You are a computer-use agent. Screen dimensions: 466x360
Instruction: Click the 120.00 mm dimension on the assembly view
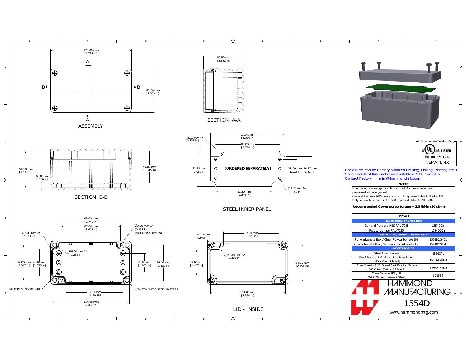pyautogui.click(x=91, y=50)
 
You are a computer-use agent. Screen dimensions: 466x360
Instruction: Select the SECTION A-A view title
pyautogui.click(x=224, y=120)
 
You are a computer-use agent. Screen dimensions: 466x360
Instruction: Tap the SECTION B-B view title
pyautogui.click(x=91, y=197)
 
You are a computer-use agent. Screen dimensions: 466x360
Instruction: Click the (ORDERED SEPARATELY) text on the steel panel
pyautogui.click(x=248, y=168)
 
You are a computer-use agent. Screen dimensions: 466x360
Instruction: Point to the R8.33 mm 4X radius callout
pyautogui.click(x=194, y=138)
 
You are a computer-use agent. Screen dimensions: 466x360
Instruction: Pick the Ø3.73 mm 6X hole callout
pyautogui.click(x=297, y=188)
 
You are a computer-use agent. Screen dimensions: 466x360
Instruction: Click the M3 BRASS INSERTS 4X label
pyautogui.click(x=25, y=289)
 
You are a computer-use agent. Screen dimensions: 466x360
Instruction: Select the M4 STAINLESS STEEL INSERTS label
pyautogui.click(x=157, y=289)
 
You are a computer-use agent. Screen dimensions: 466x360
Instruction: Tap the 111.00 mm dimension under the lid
pyautogui.click(x=248, y=292)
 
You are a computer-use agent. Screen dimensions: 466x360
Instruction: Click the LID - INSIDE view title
pyautogui.click(x=248, y=309)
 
